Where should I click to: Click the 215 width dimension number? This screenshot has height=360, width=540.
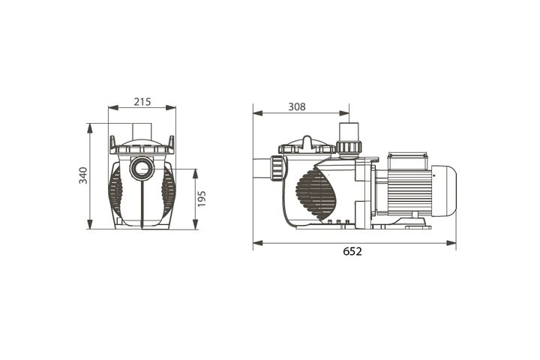[142, 102]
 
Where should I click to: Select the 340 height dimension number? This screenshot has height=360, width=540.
[84, 175]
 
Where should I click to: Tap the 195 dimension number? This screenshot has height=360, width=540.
[202, 199]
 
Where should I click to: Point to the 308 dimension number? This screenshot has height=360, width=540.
[297, 106]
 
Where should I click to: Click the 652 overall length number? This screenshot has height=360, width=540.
[352, 251]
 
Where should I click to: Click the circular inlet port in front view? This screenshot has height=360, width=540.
[142, 169]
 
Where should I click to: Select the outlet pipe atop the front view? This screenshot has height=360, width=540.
[142, 131]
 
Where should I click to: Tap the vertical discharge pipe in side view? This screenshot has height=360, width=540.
[349, 131]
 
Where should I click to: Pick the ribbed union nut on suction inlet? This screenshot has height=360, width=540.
[277, 168]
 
